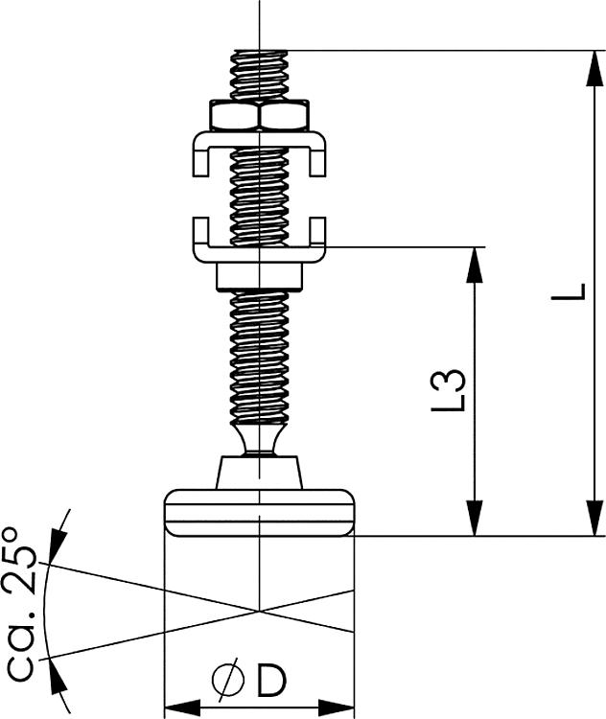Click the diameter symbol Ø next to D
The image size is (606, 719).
pyautogui.click(x=229, y=681)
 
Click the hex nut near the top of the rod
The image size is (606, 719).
pyautogui.click(x=259, y=117)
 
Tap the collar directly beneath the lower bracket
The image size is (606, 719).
pyautogui.click(x=259, y=275)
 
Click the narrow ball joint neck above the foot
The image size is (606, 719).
pyautogui.click(x=259, y=440)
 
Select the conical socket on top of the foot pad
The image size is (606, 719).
pyautogui.click(x=259, y=473)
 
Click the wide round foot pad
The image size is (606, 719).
pyautogui.click(x=259, y=512)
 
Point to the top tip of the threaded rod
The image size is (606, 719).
pyautogui.click(x=259, y=54)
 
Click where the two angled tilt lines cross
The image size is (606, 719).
pyautogui.click(x=259, y=610)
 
